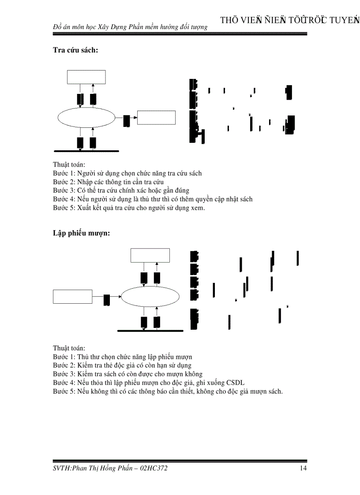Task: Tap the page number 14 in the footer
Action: [303, 468]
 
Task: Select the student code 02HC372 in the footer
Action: [154, 468]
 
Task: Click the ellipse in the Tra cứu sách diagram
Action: [86, 117]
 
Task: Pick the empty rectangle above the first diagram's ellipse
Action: [86, 77]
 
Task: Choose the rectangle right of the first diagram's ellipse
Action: [156, 118]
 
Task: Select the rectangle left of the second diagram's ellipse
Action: [73, 297]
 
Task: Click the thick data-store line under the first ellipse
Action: [86, 151]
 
